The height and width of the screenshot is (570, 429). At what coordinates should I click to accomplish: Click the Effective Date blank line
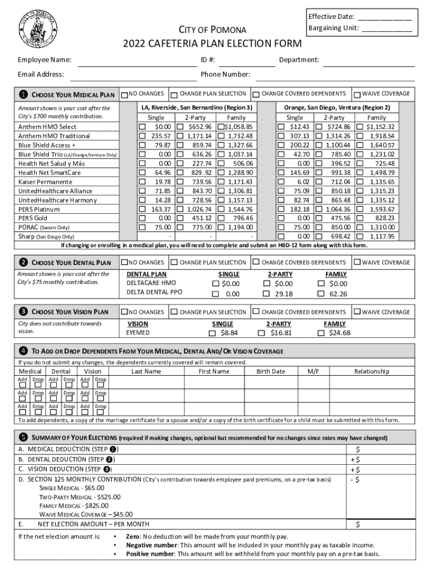384,17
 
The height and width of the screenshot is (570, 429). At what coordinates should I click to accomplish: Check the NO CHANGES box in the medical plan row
125,95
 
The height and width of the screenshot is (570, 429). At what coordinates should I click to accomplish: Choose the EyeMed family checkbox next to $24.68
320,333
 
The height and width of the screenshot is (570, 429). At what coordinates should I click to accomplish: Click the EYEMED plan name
138,333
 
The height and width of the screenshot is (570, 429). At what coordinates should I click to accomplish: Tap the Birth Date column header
271,371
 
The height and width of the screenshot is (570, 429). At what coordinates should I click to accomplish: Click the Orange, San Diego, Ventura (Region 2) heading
337,107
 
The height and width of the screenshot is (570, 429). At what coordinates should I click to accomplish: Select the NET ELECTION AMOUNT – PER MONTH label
93,524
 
